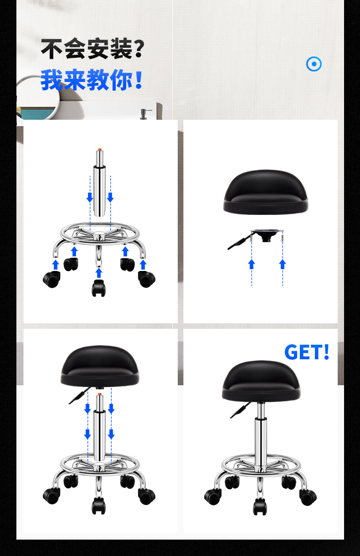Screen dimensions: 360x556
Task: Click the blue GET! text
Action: [x=307, y=352]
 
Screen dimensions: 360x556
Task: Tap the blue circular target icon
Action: [x=314, y=64]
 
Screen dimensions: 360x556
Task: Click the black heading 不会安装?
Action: [x=93, y=48]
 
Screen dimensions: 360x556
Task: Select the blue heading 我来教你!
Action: [x=92, y=80]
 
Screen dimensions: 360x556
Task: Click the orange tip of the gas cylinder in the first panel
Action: [x=99, y=149]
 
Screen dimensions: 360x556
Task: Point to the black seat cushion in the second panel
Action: [x=265, y=192]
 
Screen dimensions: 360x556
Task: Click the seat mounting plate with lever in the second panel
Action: [x=256, y=238]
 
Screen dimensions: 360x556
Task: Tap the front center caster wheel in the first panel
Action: [x=98, y=288]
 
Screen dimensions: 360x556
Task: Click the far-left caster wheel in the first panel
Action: [x=51, y=279]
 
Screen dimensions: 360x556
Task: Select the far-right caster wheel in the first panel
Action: [x=147, y=279]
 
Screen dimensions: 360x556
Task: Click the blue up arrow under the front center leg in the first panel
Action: [x=99, y=273]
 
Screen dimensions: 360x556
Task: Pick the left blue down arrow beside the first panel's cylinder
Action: [x=90, y=197]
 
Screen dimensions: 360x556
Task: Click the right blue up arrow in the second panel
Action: [x=283, y=264]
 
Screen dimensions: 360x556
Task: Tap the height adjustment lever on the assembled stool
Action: [x=240, y=410]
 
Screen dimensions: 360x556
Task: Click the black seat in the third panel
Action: [x=100, y=366]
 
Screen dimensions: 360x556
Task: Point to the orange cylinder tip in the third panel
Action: [x=99, y=394]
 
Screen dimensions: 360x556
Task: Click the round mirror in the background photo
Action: [x=37, y=97]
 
